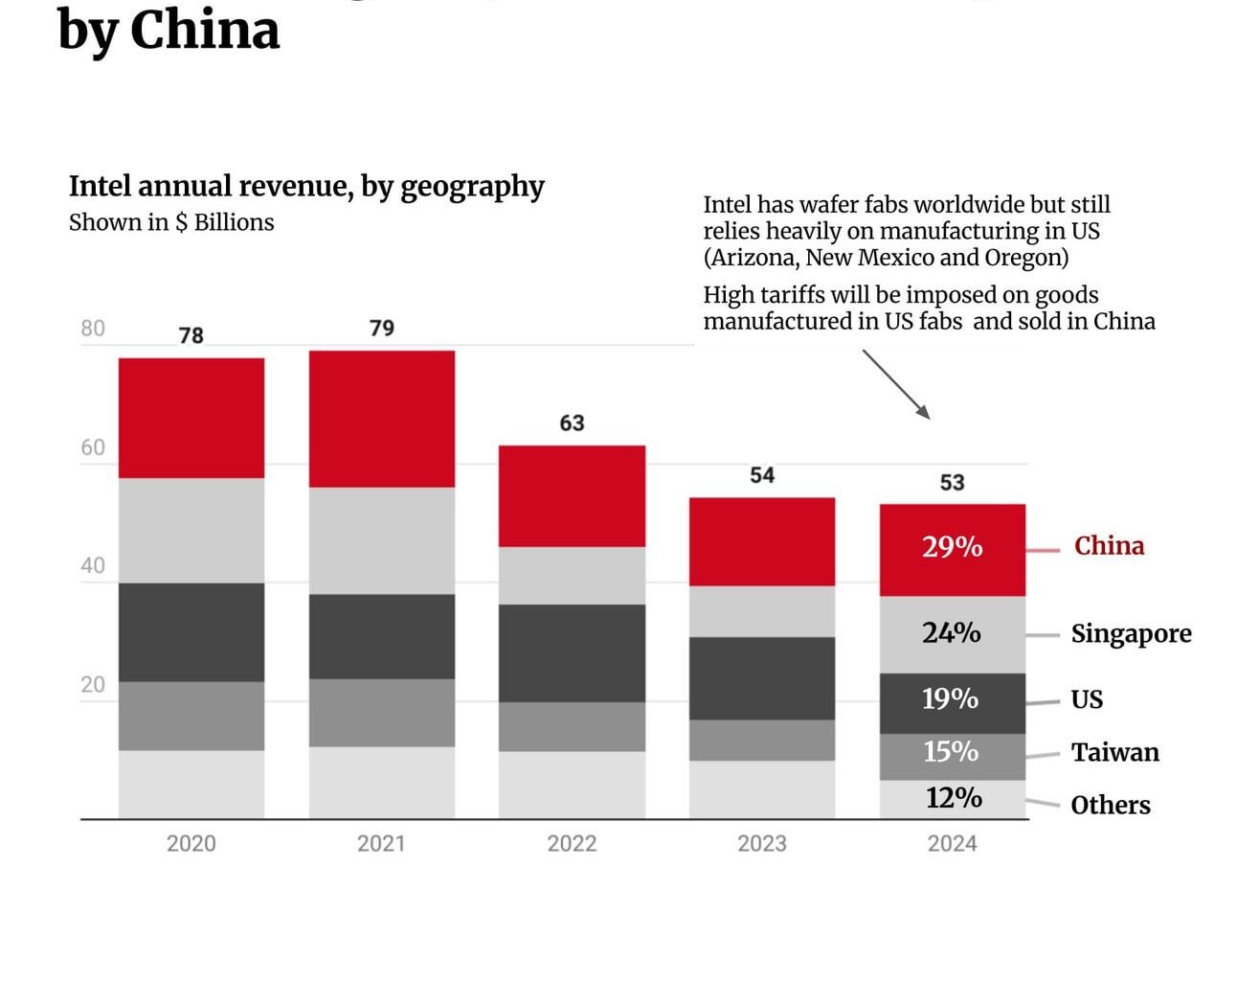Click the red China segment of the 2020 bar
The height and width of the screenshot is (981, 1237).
[x=191, y=418]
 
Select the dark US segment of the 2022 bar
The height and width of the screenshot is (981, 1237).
[x=572, y=652]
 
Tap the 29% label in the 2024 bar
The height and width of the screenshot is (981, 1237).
[x=952, y=546]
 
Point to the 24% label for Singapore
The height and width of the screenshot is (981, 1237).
[x=951, y=632]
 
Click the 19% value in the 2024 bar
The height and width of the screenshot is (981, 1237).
[x=950, y=698]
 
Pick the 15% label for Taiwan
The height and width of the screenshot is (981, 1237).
[x=951, y=751]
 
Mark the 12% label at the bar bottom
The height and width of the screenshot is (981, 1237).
[x=954, y=797]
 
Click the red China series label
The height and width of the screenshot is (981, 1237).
[x=1109, y=546]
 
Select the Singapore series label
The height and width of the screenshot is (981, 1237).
[x=1131, y=634]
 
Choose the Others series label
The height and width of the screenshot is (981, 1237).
[x=1111, y=805]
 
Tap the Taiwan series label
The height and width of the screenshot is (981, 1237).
[x=1114, y=752]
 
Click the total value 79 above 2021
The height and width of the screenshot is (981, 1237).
[x=382, y=328]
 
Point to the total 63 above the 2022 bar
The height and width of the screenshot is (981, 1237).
[x=572, y=422]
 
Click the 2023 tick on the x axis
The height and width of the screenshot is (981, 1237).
[x=761, y=843]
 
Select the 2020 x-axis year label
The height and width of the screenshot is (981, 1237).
[x=191, y=843]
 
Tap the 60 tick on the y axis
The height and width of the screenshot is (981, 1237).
[x=93, y=447]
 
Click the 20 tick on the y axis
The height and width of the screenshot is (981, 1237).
[x=93, y=684]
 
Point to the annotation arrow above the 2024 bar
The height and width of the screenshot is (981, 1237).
[x=896, y=384]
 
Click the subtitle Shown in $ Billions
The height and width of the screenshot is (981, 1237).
[x=171, y=222]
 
